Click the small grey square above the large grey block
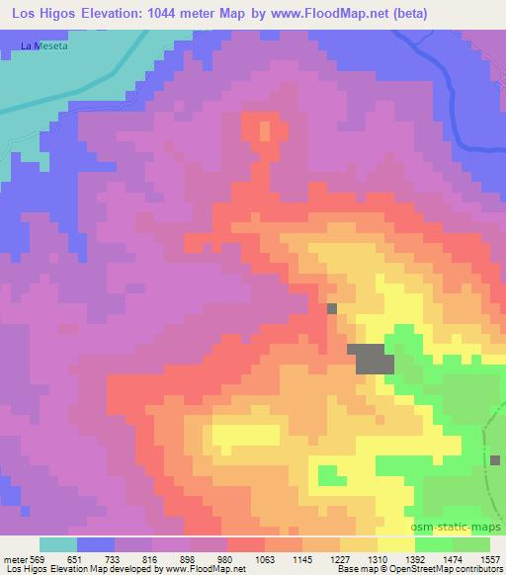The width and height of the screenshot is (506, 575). [x=331, y=308]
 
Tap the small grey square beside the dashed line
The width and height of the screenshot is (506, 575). [x=495, y=459]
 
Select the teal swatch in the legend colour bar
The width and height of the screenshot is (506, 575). [x=57, y=544]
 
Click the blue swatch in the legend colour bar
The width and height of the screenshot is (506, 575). [x=95, y=544]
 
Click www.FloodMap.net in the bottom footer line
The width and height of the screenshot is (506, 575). [x=211, y=569]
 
